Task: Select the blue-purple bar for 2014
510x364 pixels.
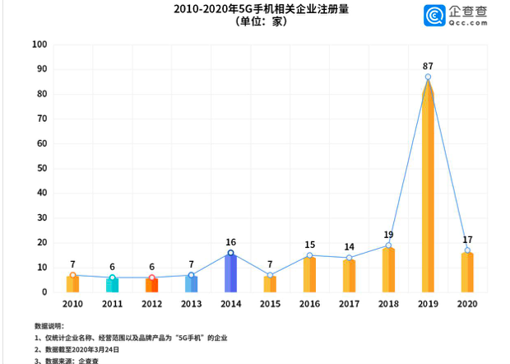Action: (x=230, y=273)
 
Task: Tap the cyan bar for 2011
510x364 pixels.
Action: (x=112, y=285)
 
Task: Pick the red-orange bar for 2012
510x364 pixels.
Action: (x=151, y=285)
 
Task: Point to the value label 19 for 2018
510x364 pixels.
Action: (x=388, y=235)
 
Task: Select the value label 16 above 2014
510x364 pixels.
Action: (x=230, y=242)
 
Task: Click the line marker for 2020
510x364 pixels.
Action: (x=467, y=250)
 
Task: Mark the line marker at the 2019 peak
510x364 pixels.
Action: (x=428, y=77)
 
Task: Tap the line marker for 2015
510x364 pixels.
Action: (x=270, y=275)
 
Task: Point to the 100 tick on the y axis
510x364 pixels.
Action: (x=39, y=44)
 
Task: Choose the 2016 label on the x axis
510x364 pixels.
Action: (x=309, y=305)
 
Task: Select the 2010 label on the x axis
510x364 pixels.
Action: (x=72, y=305)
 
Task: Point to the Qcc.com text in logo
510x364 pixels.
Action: (x=466, y=23)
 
